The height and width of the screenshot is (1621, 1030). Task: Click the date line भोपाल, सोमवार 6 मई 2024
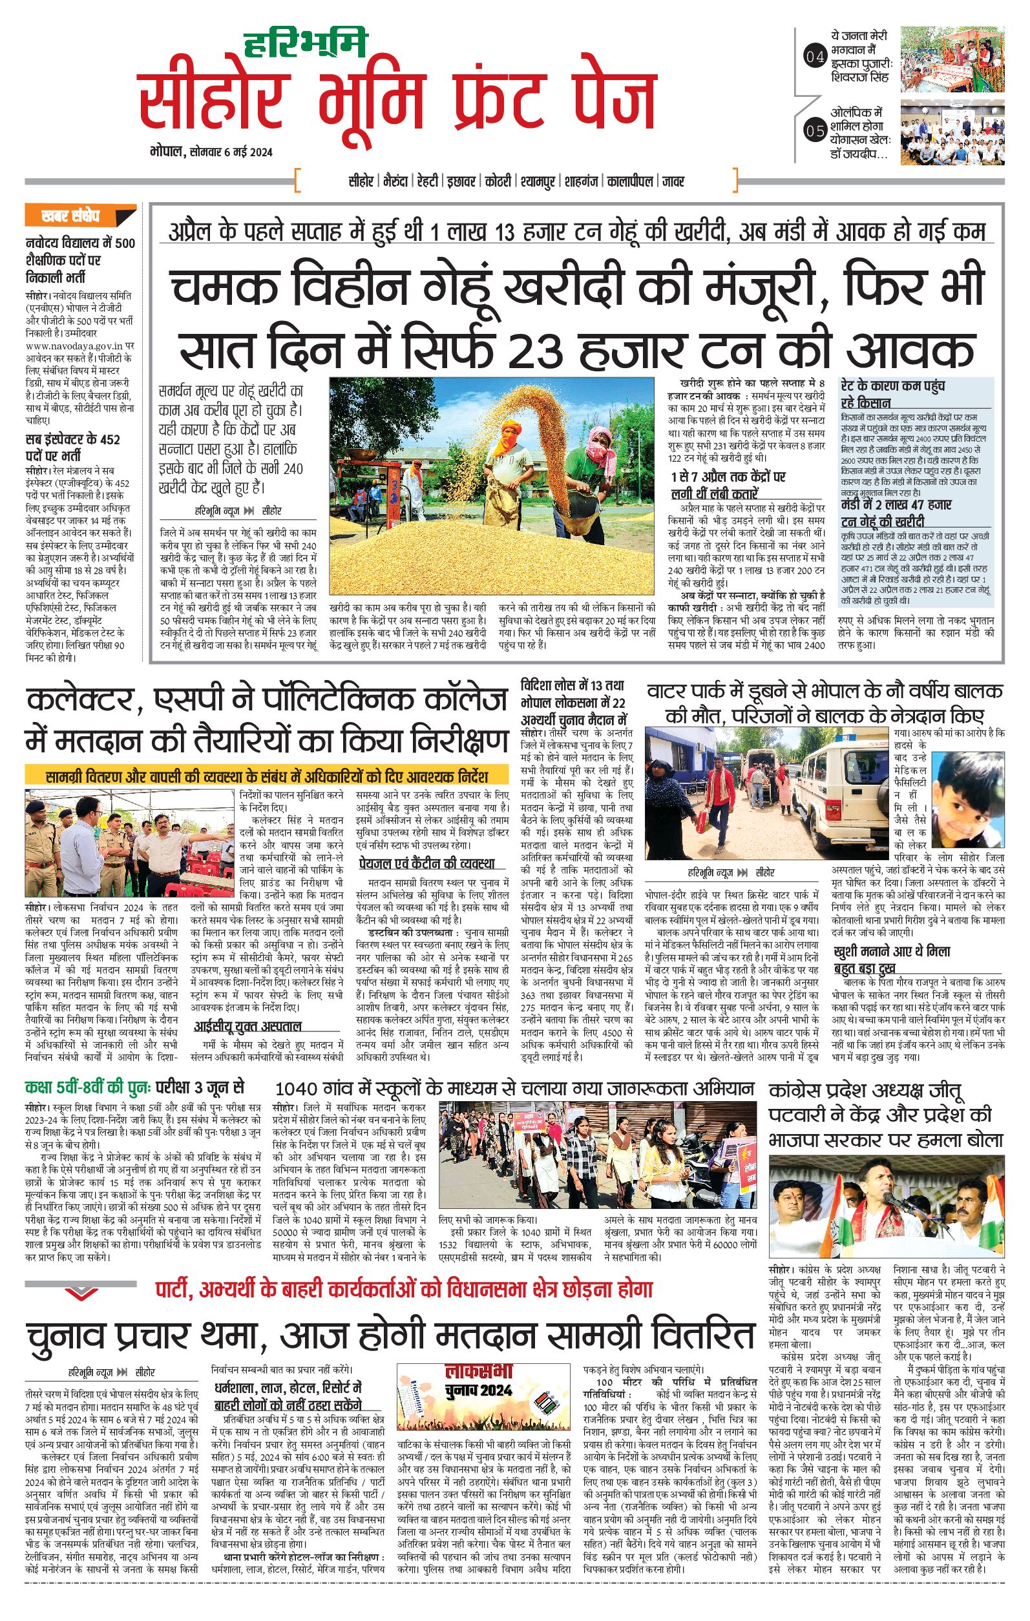(211, 152)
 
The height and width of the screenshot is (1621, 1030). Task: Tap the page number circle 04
(815, 57)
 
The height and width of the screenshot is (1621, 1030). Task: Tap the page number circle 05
(815, 130)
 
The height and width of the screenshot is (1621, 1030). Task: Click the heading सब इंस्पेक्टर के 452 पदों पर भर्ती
(73, 447)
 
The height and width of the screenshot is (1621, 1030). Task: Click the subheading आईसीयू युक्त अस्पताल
(247, 1026)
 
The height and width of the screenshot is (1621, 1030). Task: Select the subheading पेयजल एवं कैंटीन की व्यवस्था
(426, 863)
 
